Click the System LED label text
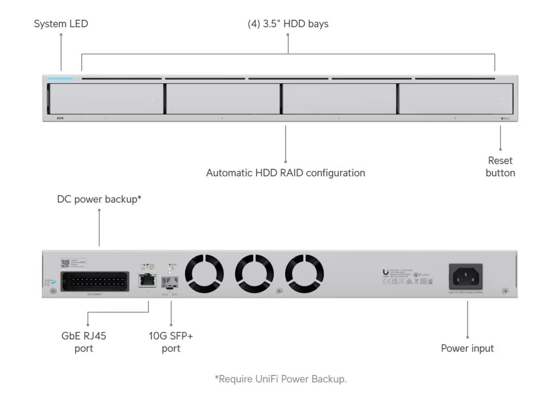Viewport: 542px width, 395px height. (x=61, y=24)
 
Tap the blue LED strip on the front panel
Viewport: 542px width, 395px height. (x=60, y=79)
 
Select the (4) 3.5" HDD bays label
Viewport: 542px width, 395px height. (x=288, y=24)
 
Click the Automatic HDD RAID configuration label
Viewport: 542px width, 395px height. (x=285, y=173)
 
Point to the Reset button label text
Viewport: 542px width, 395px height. (x=500, y=166)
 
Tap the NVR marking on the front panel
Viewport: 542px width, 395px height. (x=60, y=119)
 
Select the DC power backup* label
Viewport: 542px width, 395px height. (x=99, y=200)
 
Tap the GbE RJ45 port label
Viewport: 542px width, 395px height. (x=84, y=342)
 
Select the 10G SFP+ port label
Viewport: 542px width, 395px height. (x=171, y=342)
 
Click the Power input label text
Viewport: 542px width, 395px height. (x=467, y=349)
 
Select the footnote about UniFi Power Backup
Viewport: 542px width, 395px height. (x=280, y=379)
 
